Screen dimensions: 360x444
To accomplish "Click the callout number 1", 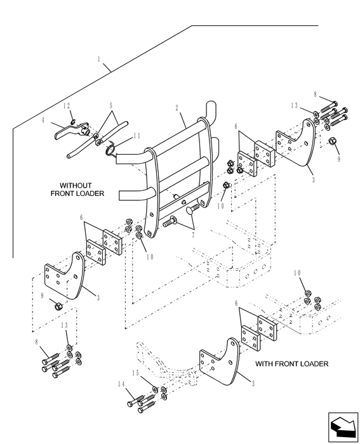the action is coord(99,59).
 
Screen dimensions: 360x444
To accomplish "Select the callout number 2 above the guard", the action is coord(177,108).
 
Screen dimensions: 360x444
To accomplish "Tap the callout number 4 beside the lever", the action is coord(43,121).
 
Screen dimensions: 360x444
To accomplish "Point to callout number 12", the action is coord(66,106).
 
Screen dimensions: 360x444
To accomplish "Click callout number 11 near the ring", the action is coord(137,136).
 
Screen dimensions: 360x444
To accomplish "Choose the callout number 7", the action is coord(193,235).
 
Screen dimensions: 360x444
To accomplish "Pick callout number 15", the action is coord(136,373).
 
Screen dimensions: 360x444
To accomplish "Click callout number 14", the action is coord(121,384).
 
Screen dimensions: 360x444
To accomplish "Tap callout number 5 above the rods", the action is coord(111,106).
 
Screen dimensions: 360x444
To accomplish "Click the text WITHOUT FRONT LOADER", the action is coord(77,190).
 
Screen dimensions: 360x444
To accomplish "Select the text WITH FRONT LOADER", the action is coord(291,363).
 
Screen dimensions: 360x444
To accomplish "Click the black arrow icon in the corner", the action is coord(343,427).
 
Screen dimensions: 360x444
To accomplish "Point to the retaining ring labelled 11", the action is coord(110,148).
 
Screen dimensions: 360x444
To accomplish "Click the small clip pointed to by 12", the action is coord(73,122).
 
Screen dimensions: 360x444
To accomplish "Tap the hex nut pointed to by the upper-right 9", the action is coord(332,140).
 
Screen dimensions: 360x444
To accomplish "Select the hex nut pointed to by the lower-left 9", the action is coord(58,306).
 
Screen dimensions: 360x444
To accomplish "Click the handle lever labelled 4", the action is coord(72,131).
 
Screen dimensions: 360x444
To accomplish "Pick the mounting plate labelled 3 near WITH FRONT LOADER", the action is coord(220,362).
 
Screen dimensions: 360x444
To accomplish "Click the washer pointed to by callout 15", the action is coord(156,389).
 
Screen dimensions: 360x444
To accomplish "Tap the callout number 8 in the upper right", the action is coord(315,95).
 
